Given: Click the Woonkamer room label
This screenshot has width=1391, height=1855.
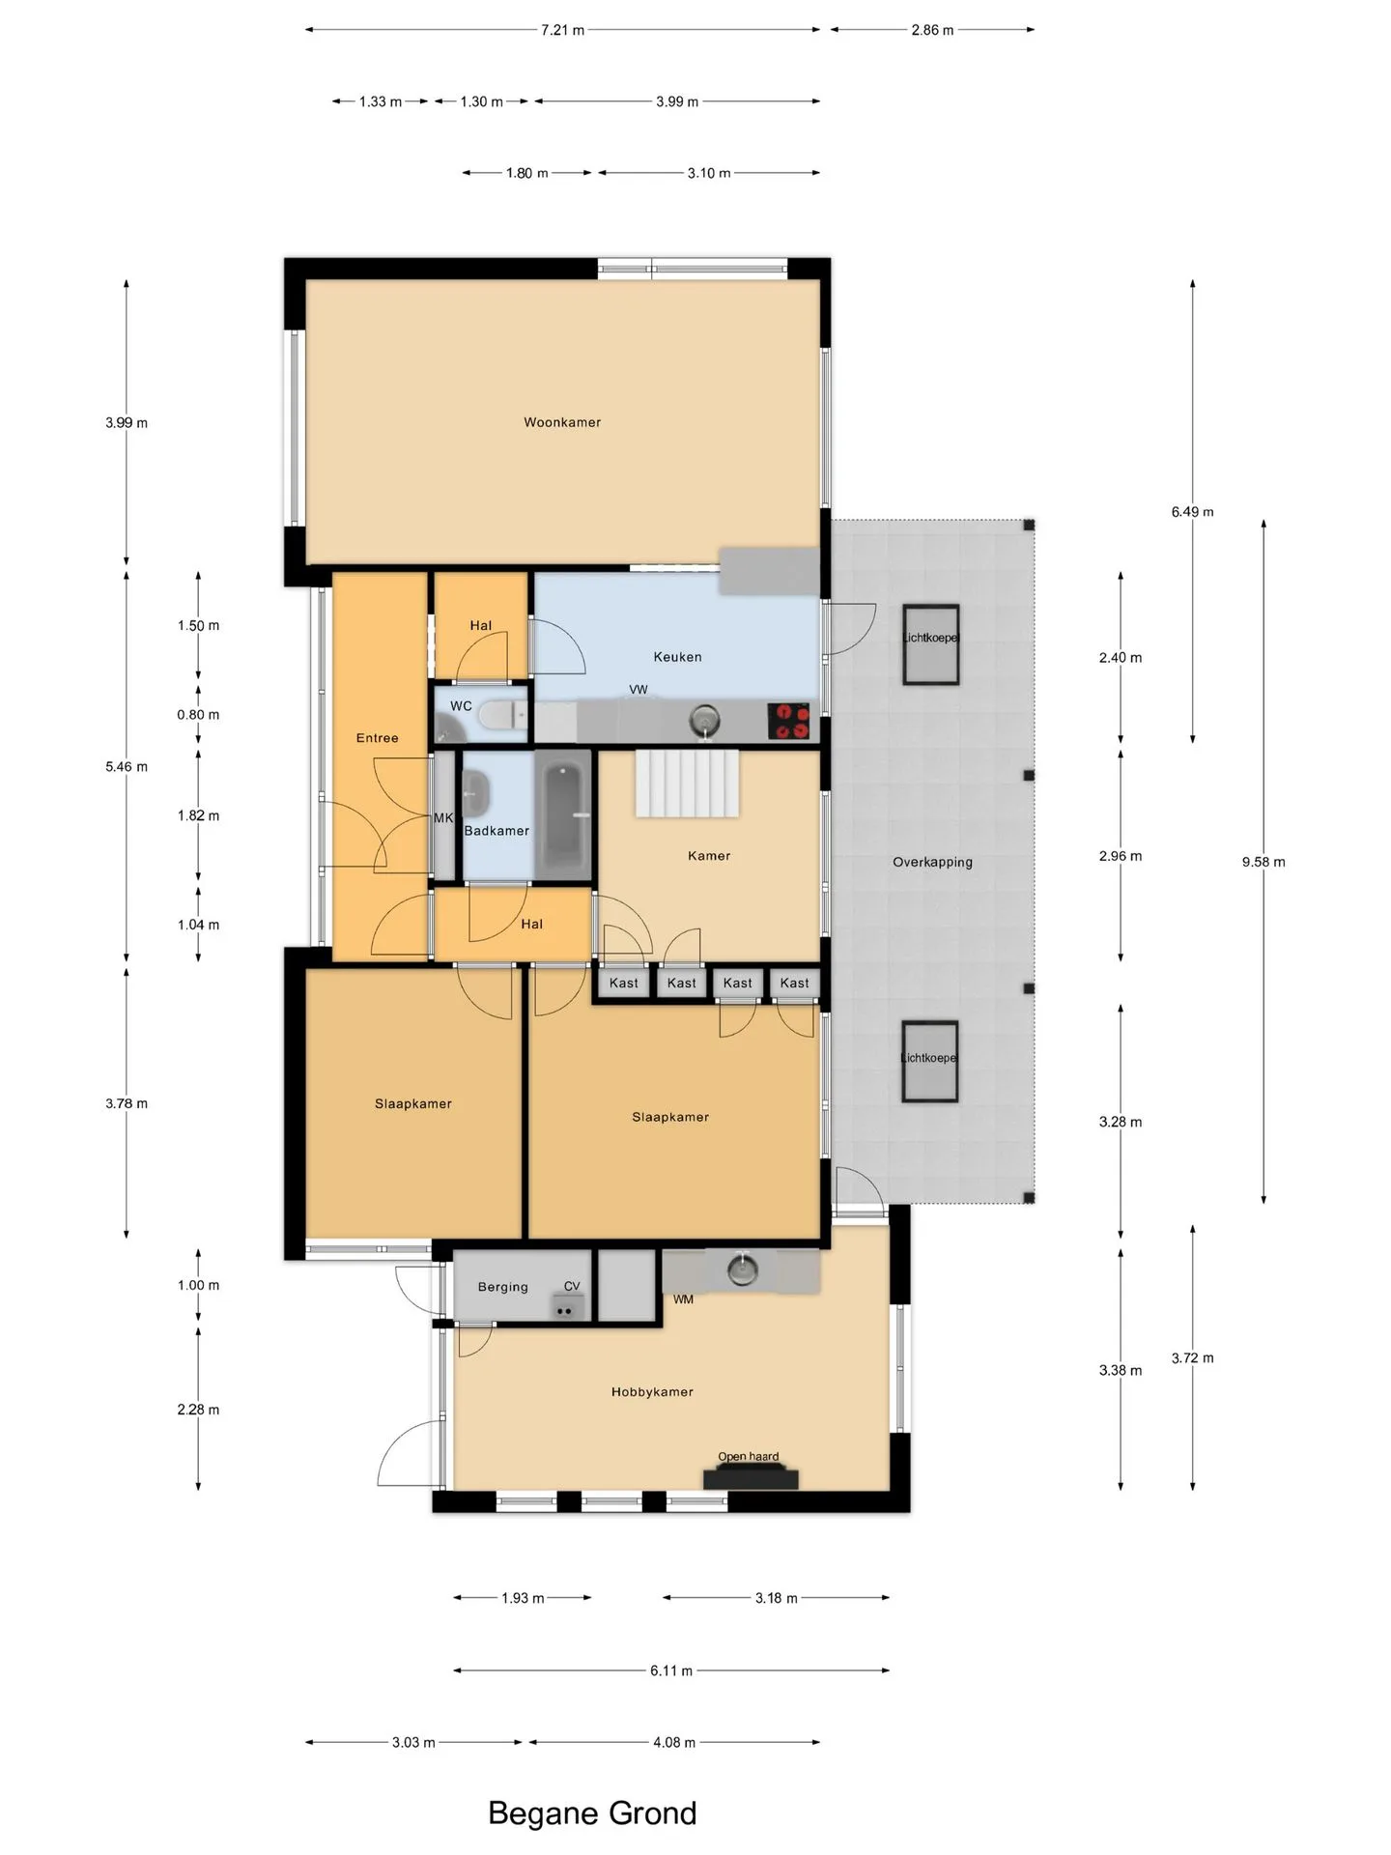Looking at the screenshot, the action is (x=562, y=422).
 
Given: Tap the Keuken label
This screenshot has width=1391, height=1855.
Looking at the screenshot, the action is (x=677, y=657).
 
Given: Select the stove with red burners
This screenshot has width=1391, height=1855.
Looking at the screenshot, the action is (x=788, y=721).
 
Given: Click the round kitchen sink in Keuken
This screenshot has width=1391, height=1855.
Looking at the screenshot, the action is (x=705, y=720).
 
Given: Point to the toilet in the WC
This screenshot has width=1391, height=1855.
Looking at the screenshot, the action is (x=504, y=715).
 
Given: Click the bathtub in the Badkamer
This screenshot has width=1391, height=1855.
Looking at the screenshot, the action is (x=563, y=816).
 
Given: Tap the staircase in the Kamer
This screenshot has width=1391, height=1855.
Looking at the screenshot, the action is (x=687, y=785).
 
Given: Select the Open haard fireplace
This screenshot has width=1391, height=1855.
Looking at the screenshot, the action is (x=751, y=1477).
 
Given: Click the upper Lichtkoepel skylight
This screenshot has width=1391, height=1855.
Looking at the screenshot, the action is (x=931, y=644).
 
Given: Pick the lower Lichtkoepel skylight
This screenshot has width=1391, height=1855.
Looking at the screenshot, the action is (x=930, y=1061).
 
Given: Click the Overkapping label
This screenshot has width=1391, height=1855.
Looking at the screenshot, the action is (x=932, y=862).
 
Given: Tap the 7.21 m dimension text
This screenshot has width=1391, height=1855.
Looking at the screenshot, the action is (x=562, y=30).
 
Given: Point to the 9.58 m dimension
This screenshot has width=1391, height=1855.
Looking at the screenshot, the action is (x=1263, y=862).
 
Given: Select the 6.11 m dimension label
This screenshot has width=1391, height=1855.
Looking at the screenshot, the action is (x=671, y=1670).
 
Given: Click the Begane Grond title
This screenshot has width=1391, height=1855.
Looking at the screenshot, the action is (x=592, y=1813).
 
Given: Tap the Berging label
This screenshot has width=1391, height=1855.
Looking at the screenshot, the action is (x=502, y=1287).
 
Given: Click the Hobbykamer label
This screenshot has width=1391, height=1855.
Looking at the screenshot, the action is (x=652, y=1392).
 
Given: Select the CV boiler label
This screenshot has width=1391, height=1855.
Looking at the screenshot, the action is (x=572, y=1286).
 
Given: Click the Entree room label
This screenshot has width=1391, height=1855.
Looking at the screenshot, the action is (x=377, y=738).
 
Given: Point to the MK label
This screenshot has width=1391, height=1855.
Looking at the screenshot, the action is (x=443, y=818).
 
